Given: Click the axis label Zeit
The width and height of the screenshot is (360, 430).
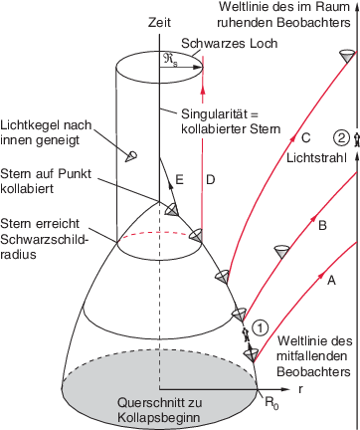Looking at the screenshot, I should (159, 21).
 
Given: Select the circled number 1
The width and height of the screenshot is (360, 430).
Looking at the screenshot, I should (261, 324).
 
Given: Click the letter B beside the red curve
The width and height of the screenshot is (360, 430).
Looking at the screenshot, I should (321, 226).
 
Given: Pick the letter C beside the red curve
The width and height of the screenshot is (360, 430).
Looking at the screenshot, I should (306, 138).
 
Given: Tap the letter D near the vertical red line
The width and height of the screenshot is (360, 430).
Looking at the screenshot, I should (210, 179).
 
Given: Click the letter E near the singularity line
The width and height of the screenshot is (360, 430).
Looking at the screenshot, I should (179, 180).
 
